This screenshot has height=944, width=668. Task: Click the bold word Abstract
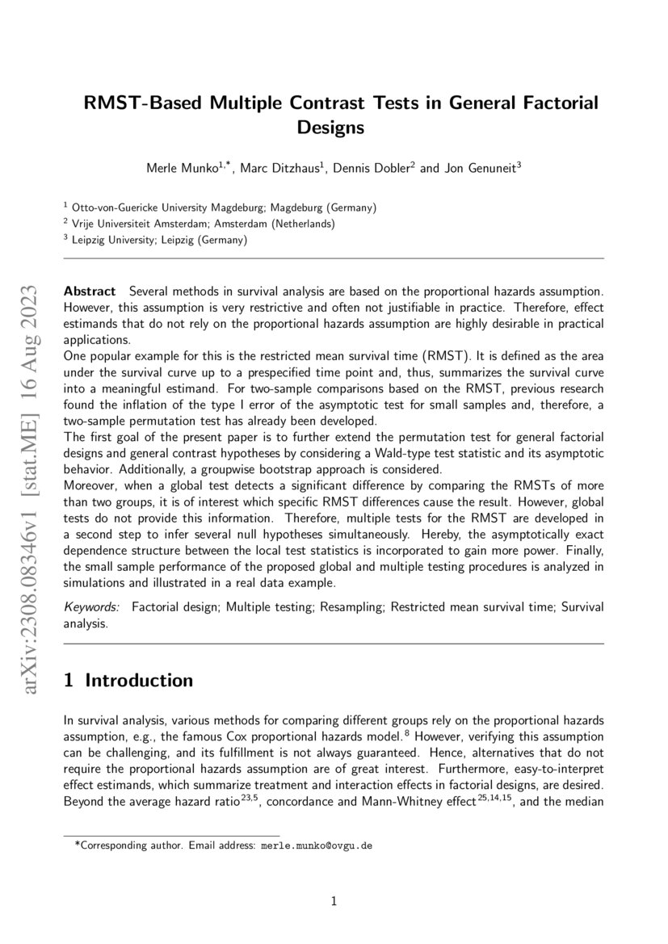coord(90,289)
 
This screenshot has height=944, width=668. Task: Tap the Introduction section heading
coord(139,681)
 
